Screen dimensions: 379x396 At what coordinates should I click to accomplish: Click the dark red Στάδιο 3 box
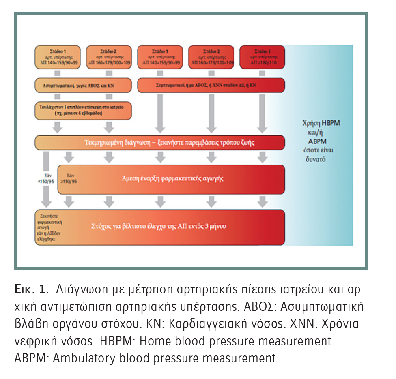pyautogui.click(x=262, y=58)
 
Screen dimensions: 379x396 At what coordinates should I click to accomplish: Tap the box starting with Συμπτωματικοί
pyautogui.click(x=211, y=86)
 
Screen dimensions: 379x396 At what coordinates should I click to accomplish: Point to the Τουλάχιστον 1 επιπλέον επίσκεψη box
pyautogui.click(x=83, y=110)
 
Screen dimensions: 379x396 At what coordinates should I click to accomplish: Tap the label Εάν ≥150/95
pyautogui.click(x=68, y=179)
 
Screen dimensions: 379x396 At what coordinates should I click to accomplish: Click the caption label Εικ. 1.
pyautogui.click(x=32, y=290)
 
